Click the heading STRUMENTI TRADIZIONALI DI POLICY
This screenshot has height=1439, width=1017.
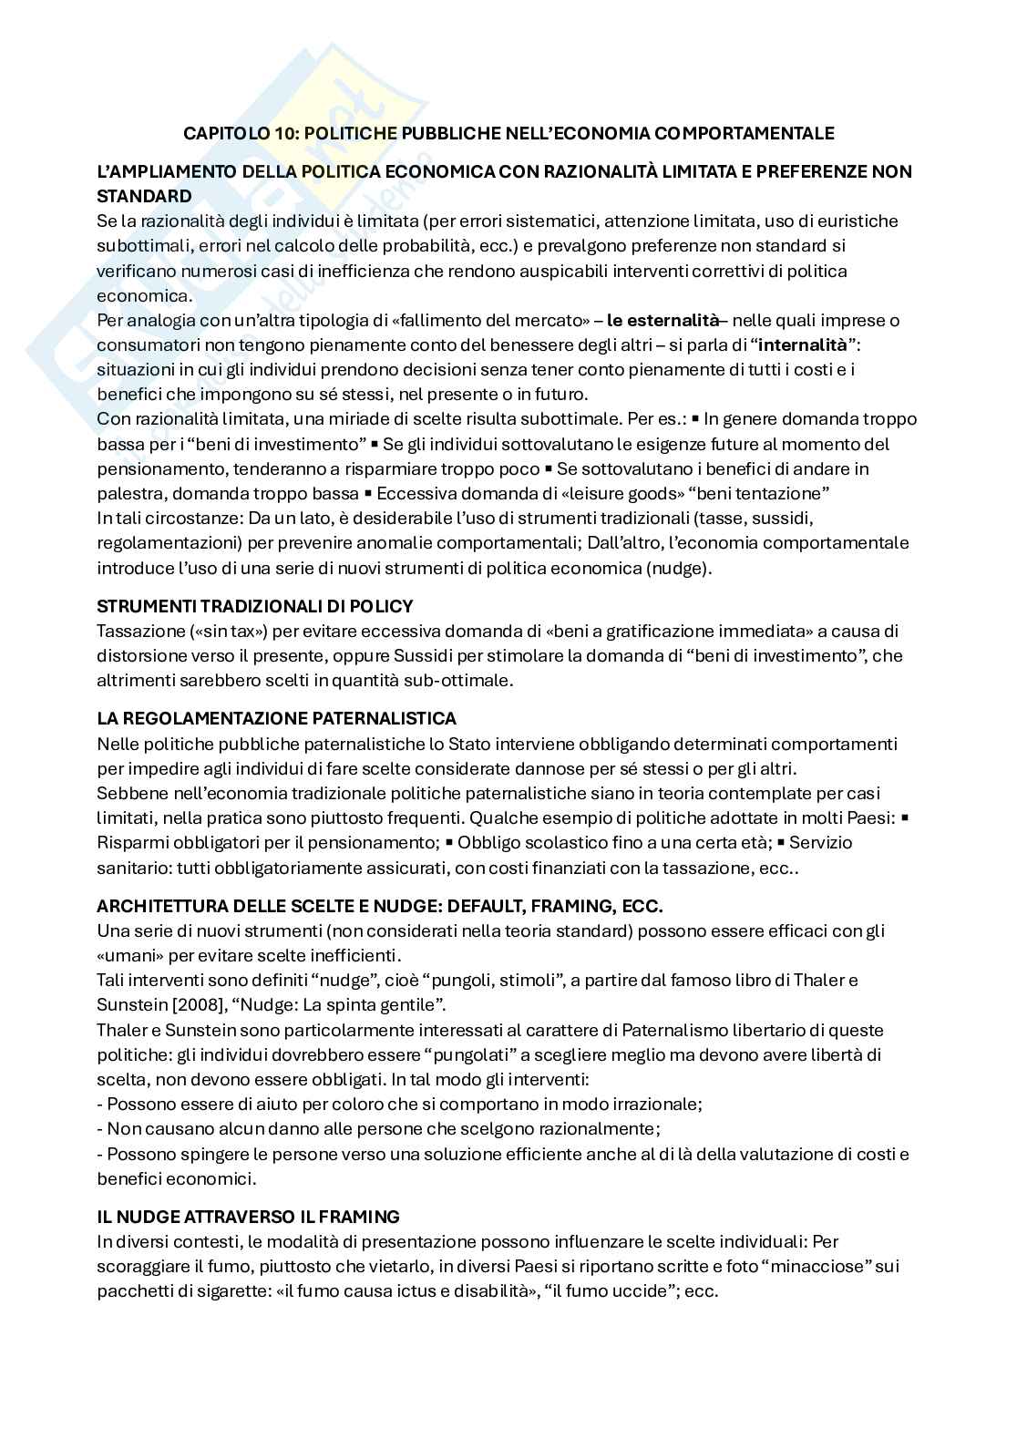[x=255, y=606]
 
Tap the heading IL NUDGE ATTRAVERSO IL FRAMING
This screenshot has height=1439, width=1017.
[x=248, y=1217]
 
